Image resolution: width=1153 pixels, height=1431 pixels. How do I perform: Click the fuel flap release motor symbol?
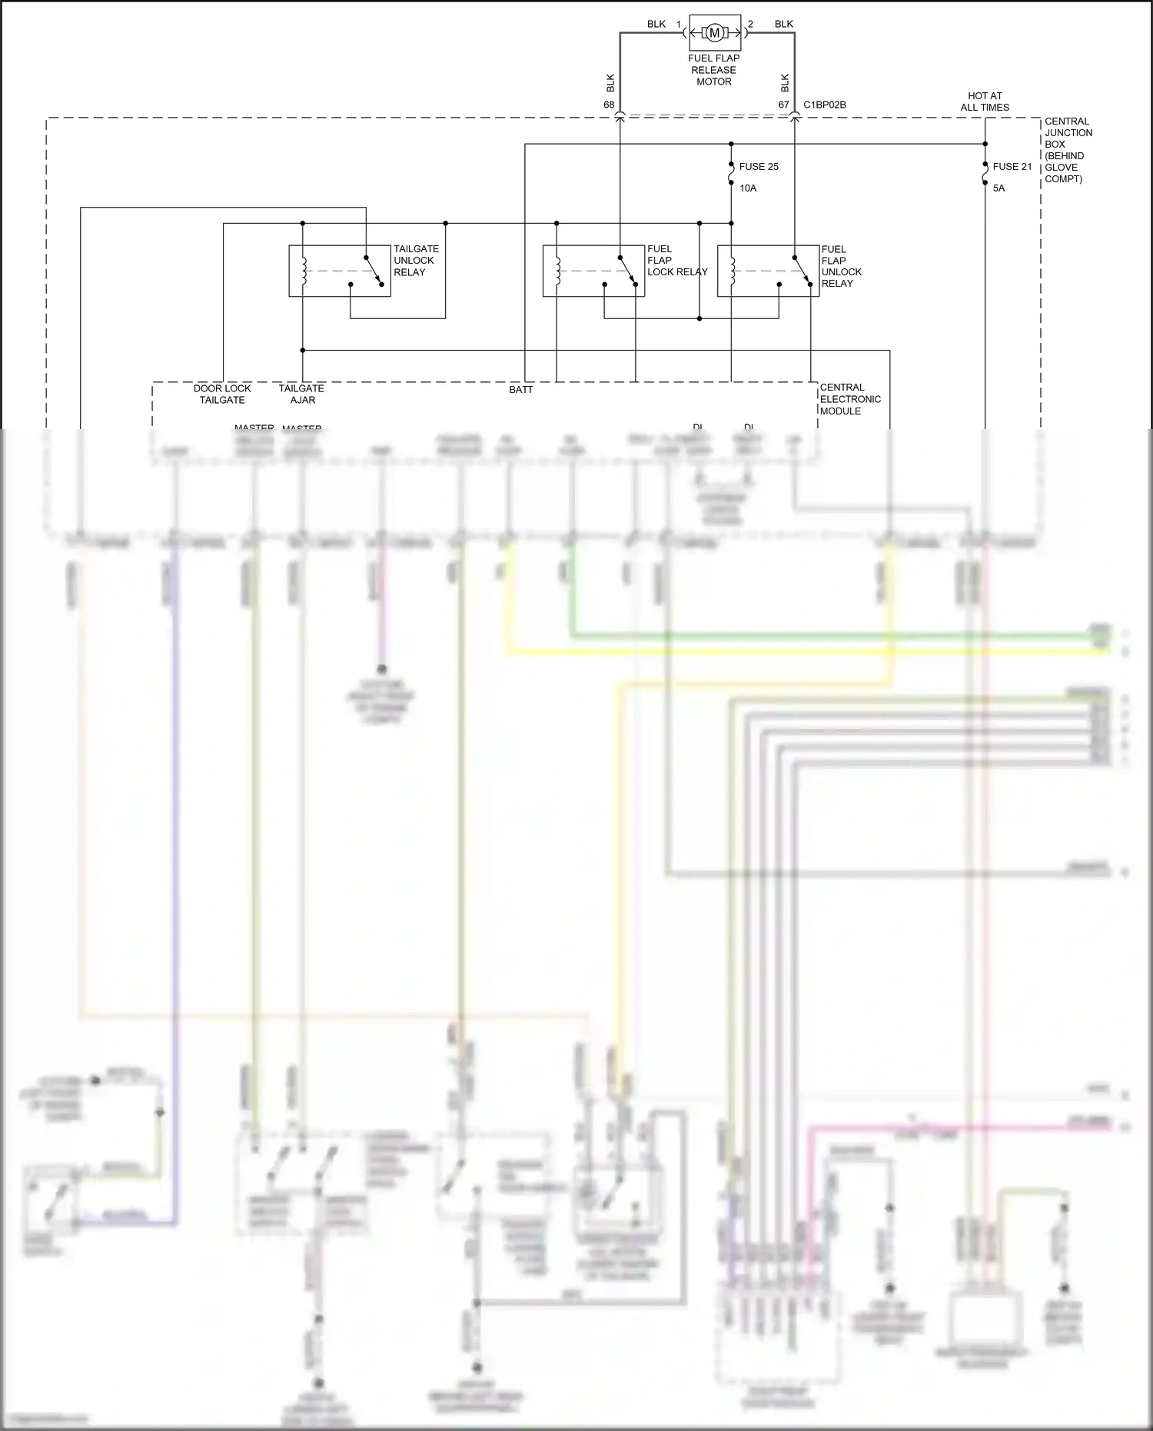[714, 32]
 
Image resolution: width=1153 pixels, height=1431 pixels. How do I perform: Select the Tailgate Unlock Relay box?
[339, 271]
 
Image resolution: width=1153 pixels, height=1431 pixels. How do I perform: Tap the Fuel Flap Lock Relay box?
[593, 271]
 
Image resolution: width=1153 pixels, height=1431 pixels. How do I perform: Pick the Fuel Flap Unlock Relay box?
[768, 271]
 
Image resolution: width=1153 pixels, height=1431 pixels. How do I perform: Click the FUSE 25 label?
[758, 167]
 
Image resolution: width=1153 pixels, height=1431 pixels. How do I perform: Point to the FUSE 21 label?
[1012, 167]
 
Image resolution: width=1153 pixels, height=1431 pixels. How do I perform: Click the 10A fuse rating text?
[748, 188]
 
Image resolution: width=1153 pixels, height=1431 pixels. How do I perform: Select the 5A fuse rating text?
[998, 188]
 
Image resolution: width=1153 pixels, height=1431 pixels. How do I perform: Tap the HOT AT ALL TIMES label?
[985, 102]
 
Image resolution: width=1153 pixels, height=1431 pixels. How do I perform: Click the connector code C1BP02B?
[824, 105]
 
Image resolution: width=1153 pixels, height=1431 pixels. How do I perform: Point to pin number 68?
[609, 105]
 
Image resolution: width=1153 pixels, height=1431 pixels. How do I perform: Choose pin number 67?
[783, 105]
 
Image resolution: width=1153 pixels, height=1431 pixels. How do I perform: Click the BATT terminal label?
[520, 390]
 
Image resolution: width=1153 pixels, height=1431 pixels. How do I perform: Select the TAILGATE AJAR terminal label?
[301, 394]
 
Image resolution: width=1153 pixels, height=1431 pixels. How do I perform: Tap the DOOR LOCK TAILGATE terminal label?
[222, 394]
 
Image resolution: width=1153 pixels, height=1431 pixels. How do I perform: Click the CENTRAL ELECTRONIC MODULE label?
[849, 399]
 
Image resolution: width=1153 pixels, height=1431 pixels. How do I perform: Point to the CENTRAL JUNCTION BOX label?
[1068, 150]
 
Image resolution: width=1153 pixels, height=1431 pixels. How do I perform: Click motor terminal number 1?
[679, 25]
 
